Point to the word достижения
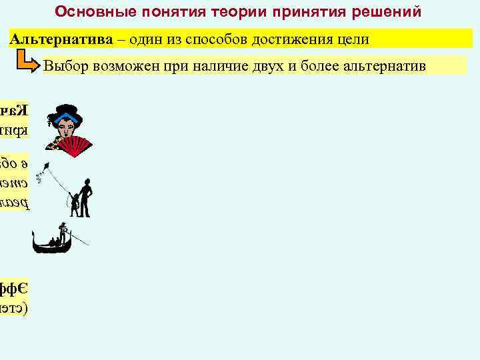288,39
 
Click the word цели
351,39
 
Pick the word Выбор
66,66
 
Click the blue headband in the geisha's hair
65,117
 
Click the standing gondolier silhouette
63,234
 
